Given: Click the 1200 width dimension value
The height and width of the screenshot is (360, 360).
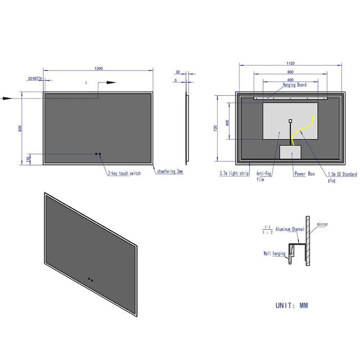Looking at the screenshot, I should pos(99,68).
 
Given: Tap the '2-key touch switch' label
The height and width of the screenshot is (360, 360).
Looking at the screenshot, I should pos(124,173).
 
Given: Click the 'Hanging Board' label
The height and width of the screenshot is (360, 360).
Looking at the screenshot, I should pos(295,85).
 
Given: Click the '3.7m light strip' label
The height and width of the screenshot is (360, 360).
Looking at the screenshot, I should pos(234,173).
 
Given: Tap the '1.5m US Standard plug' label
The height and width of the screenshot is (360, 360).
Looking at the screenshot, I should pos(342,176).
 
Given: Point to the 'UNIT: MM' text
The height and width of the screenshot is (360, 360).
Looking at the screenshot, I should pos(292,306).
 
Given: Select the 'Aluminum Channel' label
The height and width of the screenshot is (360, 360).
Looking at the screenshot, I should pos(290,229).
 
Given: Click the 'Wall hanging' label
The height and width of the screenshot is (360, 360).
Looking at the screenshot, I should pos(274,254).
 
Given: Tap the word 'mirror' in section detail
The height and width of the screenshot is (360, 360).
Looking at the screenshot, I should pos(322,224).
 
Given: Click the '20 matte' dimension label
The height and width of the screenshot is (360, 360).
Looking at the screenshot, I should pos(35,78).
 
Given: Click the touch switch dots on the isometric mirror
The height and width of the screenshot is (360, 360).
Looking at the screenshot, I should pos(91,280).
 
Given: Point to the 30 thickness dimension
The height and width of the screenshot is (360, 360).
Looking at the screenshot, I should pos(178,72).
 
